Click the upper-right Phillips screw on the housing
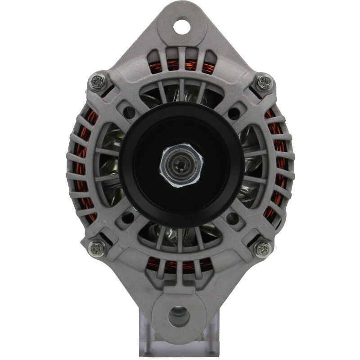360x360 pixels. pos(264,82)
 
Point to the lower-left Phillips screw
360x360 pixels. pos(96,247)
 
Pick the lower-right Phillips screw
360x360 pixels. pos(262,248)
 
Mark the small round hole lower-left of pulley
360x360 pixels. pos(128,218)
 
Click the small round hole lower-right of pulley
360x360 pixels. pos(233,218)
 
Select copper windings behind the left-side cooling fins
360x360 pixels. pos(82,166)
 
